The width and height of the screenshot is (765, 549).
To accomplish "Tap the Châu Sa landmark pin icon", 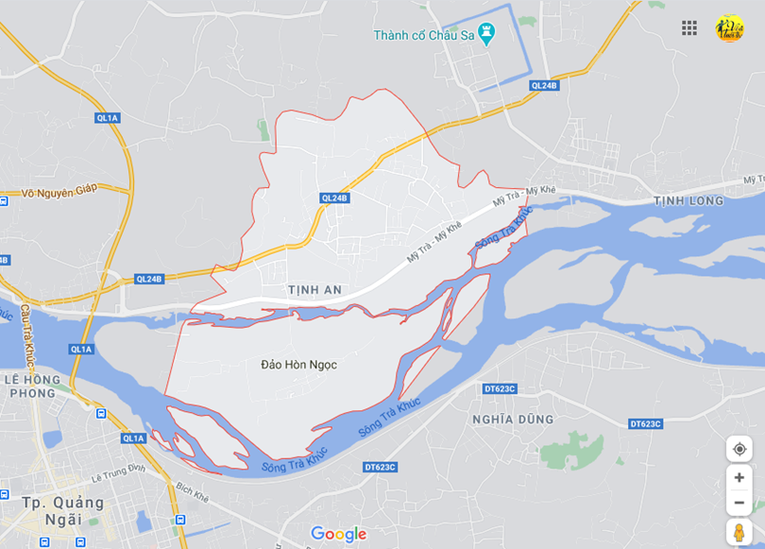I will coord(486,35).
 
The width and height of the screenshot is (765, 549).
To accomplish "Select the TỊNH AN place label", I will coord(315,289).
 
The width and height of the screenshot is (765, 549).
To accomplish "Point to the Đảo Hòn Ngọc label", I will coord(297,364).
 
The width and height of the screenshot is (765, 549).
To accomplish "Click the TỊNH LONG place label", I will coord(688,200).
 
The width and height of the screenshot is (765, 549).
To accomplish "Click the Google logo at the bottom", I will coord(338,534).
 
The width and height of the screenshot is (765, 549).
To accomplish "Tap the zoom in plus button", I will coord(739,477).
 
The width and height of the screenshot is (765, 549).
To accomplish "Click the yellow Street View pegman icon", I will coord(739,532).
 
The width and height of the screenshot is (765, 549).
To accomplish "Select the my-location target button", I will coord(739,449).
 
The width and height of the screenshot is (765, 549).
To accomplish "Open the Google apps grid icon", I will coord(689,27).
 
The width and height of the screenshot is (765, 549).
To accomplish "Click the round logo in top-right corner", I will coord(729,27).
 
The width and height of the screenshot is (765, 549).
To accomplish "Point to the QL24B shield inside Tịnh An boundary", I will coord(334,197).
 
